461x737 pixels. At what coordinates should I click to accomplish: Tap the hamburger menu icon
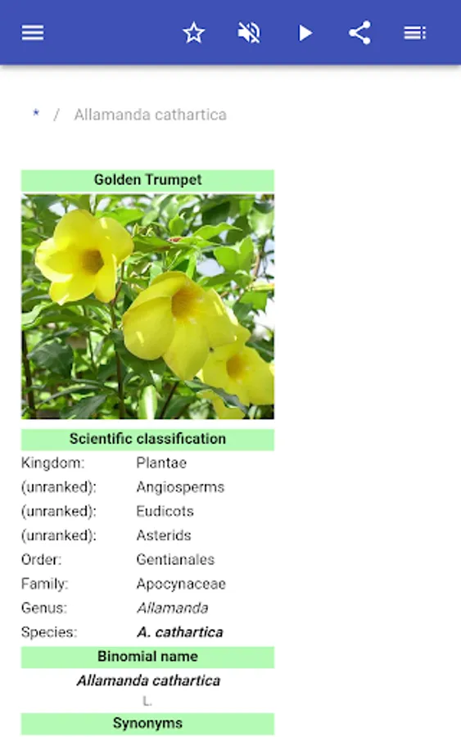(x=33, y=33)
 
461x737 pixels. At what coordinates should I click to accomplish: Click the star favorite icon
(x=193, y=33)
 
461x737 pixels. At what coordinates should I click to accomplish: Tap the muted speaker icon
(x=249, y=33)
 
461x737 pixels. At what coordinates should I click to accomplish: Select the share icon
(x=359, y=33)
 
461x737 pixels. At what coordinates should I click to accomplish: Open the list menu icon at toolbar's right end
(x=415, y=33)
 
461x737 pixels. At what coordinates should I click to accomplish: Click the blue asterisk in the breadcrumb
(x=36, y=113)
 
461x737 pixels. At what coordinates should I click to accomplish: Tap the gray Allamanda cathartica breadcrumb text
(x=151, y=115)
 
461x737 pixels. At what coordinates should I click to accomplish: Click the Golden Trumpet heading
(x=147, y=179)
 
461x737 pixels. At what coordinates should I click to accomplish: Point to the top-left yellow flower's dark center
(x=92, y=261)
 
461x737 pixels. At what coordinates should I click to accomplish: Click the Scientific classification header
(x=147, y=439)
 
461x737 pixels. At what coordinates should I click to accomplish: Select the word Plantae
(x=161, y=463)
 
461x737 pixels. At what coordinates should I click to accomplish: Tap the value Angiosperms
(x=180, y=487)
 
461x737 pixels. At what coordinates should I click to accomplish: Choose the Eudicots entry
(x=165, y=511)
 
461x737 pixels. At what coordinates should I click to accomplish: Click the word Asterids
(x=164, y=536)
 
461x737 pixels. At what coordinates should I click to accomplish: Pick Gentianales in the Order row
(x=175, y=560)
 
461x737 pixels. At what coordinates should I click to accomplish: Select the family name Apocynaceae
(x=181, y=584)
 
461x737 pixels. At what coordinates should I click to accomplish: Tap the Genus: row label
(x=44, y=608)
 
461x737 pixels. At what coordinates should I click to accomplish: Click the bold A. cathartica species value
(x=180, y=633)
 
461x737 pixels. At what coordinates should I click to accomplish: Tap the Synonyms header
(x=147, y=723)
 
